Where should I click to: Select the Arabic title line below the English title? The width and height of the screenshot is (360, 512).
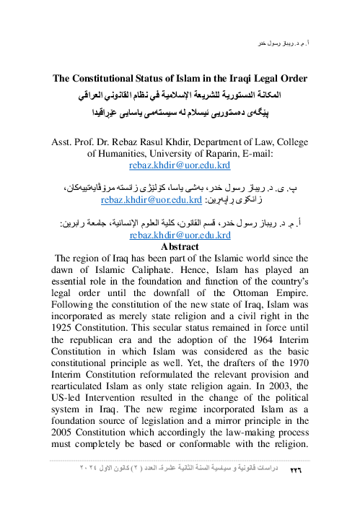click(x=180, y=95)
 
